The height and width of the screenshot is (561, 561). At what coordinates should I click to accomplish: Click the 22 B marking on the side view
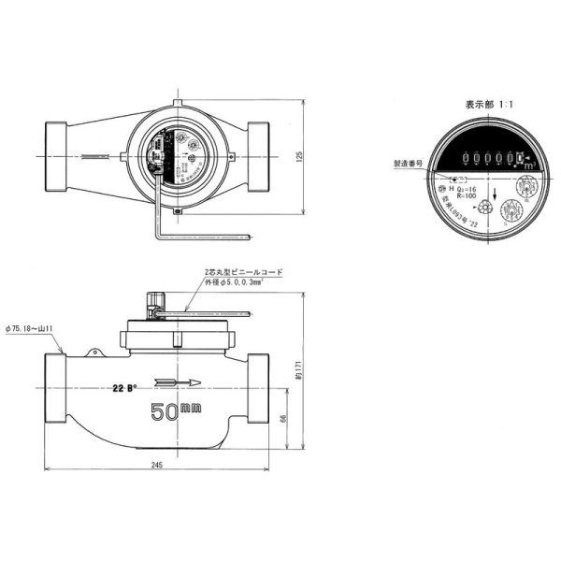(x=123, y=387)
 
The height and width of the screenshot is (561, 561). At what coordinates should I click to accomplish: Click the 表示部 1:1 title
(x=482, y=106)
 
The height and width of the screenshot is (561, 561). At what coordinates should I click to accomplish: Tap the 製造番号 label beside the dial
(x=410, y=162)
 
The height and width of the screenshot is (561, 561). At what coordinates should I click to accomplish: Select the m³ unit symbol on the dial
(x=529, y=165)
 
